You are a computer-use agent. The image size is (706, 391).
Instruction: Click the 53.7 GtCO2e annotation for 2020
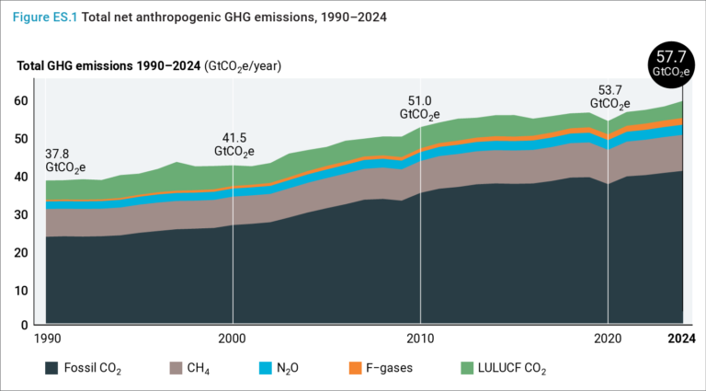(609, 98)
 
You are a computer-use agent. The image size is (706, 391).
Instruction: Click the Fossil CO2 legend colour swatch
(54, 368)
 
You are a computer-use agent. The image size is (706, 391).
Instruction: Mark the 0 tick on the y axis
(24, 327)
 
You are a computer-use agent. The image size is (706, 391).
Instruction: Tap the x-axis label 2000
(233, 339)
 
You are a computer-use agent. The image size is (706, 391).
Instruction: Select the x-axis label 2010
(420, 339)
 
